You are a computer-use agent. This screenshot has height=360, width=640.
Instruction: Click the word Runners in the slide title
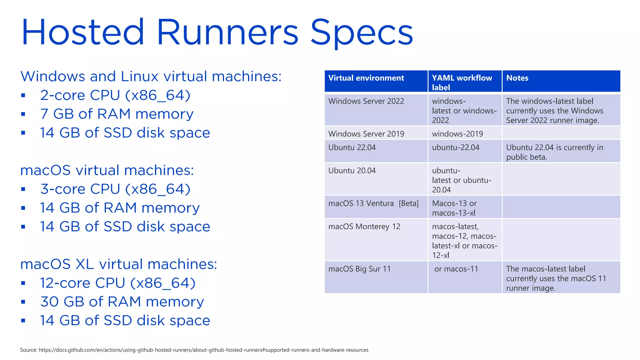pyautogui.click(x=227, y=32)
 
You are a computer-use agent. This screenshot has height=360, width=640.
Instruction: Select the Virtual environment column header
pyautogui.click(x=366, y=78)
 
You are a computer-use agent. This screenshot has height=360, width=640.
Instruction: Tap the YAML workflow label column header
pyautogui.click(x=462, y=82)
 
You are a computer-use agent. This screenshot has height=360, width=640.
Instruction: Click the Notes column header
pyautogui.click(x=517, y=78)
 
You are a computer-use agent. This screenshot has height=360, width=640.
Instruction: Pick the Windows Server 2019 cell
pyautogui.click(x=366, y=134)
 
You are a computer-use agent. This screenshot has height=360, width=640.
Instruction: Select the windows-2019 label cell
pyautogui.click(x=457, y=134)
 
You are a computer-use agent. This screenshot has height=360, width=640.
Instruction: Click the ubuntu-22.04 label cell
pyautogui.click(x=455, y=147)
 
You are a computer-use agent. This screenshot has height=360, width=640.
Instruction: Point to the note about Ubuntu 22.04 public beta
pyautogui.click(x=554, y=152)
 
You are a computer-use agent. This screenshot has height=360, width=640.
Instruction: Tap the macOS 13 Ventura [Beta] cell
pyautogui.click(x=373, y=203)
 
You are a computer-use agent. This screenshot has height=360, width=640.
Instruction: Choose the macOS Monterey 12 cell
pyautogui.click(x=364, y=227)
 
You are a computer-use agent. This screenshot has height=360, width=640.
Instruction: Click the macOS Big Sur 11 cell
pyautogui.click(x=359, y=269)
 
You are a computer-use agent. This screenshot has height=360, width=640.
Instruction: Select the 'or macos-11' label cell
pyautogui.click(x=456, y=269)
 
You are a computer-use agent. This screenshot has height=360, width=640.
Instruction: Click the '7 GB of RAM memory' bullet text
pyautogui.click(x=117, y=114)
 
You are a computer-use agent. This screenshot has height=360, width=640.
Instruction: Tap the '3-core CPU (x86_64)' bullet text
pyautogui.click(x=115, y=189)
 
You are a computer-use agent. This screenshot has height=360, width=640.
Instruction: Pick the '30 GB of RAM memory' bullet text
pyautogui.click(x=122, y=302)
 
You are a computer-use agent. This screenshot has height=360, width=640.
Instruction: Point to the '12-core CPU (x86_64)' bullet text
pyautogui.click(x=117, y=283)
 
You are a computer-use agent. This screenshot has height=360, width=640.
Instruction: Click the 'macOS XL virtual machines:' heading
pyautogui.click(x=118, y=264)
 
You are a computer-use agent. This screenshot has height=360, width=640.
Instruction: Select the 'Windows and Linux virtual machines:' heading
pyautogui.click(x=151, y=77)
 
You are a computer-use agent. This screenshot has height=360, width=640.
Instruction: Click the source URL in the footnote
pyautogui.click(x=203, y=350)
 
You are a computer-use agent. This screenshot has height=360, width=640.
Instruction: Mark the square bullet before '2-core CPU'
pyautogui.click(x=23, y=95)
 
